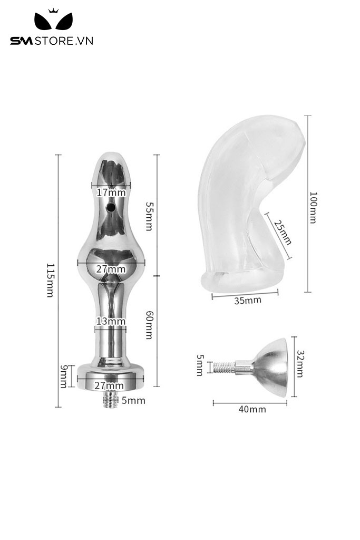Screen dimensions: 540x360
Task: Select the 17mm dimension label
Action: click(111, 192)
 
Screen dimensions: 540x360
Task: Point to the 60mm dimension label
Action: click(149, 324)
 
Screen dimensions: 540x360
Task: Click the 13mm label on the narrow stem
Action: click(111, 321)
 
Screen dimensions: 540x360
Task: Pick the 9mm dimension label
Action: click(63, 377)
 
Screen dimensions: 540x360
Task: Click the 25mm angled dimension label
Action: click(282, 232)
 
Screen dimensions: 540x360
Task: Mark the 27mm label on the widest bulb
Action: click(111, 269)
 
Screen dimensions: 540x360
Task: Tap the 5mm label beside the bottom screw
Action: click(133, 401)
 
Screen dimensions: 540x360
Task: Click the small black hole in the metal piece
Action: click(111, 209)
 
